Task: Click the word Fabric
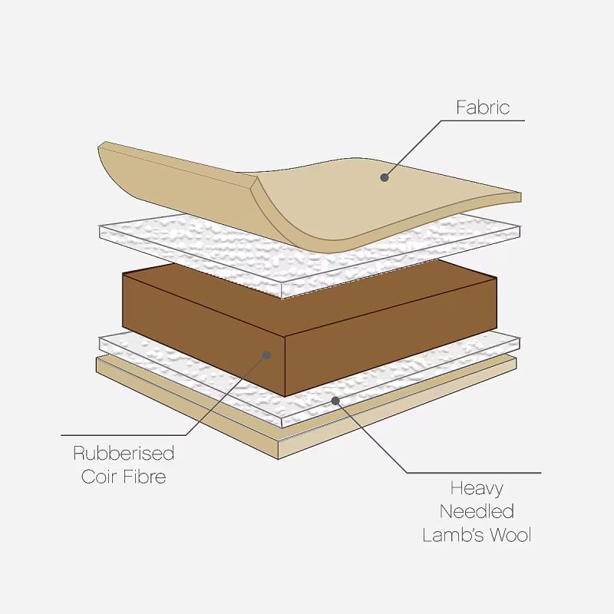point(483,107)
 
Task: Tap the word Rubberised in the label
point(124,454)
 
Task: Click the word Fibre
point(144,477)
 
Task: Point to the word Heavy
point(477,488)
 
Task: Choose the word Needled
point(477,511)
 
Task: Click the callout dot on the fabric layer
point(385,177)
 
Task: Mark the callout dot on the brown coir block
point(266,355)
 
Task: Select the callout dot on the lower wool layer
point(335,400)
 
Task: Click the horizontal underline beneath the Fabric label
point(484,120)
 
